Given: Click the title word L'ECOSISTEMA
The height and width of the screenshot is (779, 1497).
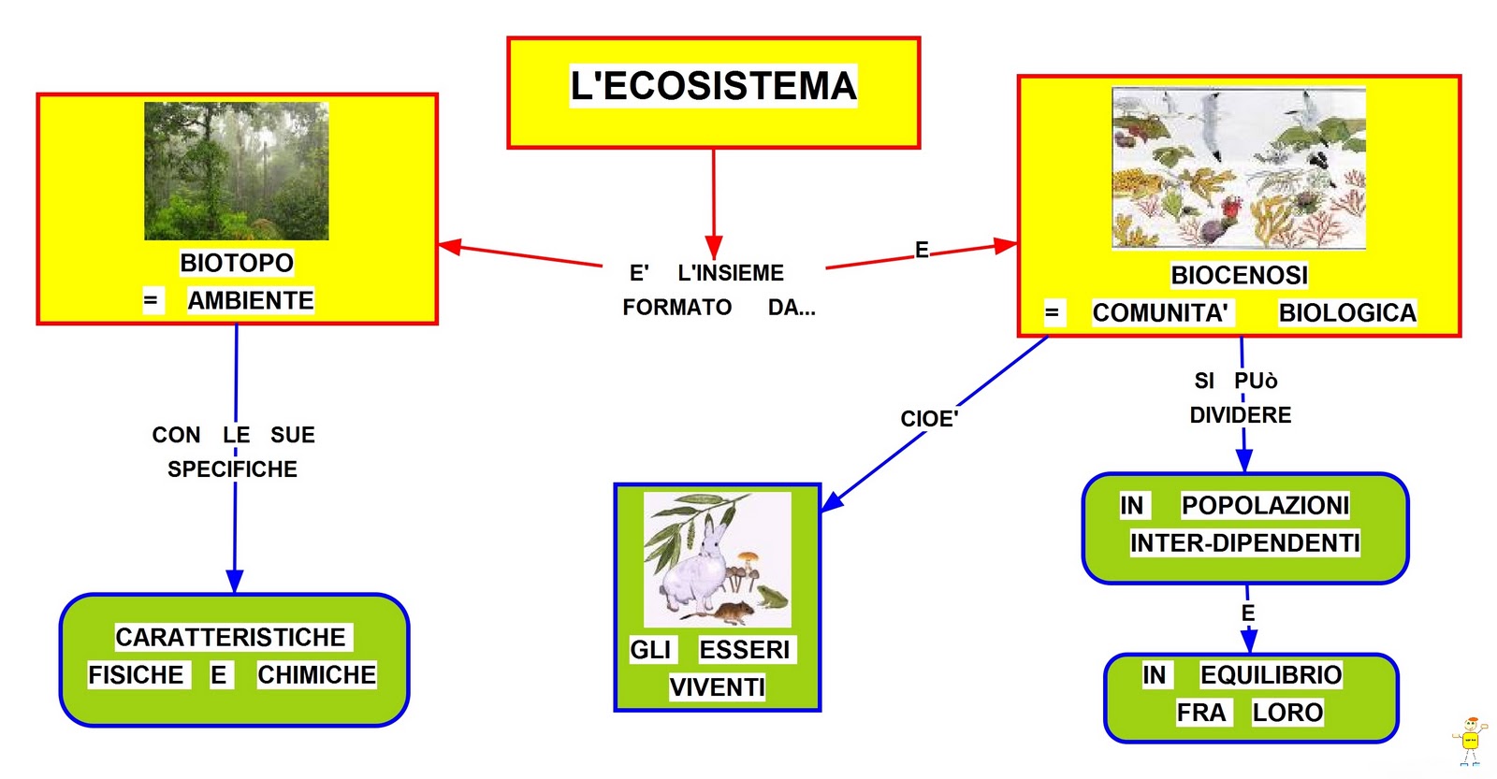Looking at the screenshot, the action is pos(713,85).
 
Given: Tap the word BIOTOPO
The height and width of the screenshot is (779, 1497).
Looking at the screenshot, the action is pos(237,263).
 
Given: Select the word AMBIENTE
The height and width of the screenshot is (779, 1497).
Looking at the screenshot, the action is pos(251,300).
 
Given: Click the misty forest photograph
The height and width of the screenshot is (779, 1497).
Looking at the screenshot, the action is pos(237,171).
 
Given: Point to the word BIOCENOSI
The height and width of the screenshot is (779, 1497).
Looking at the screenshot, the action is pos(1239,275).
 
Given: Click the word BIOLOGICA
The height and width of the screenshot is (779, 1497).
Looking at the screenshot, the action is pos(1347,312).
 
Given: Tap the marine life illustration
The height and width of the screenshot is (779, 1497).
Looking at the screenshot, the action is pos(1239,168).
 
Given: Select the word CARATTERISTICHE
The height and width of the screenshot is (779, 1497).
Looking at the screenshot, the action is pos(230,637).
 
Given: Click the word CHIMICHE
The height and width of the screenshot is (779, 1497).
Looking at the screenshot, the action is pos(317,675).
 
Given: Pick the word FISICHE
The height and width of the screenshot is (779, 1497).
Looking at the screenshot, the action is pos(136,675).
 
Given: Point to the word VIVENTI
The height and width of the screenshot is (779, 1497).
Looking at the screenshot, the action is pos(717,686).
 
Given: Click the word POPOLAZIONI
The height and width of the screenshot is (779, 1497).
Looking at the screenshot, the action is pos(1265,505).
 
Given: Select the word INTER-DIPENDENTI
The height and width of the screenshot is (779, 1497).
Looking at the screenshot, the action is pos(1244,542).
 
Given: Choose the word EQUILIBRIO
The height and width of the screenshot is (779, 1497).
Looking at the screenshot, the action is pos(1272,675).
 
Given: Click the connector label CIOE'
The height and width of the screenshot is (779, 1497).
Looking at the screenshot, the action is pos(929,419).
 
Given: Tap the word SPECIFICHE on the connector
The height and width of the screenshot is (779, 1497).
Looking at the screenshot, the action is pos(233,469).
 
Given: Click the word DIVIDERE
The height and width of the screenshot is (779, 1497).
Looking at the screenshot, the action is pos(1241,415).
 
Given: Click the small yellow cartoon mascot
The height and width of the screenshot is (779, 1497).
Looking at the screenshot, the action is pos(1470,741).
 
